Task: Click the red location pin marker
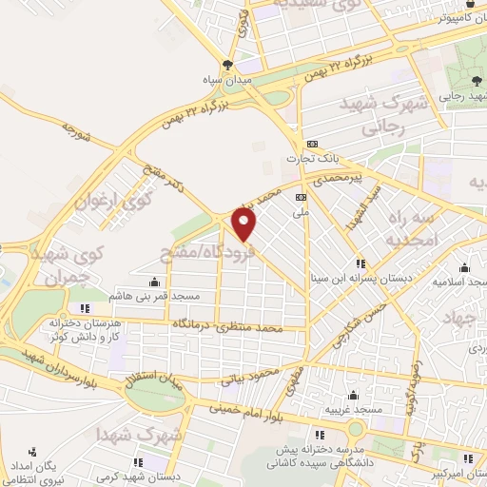[x=245, y=224]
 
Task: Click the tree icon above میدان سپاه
[x=226, y=66]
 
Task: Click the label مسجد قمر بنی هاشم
[x=155, y=296]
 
